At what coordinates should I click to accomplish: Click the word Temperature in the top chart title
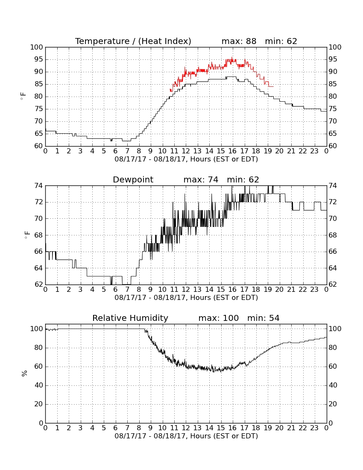click(x=102, y=41)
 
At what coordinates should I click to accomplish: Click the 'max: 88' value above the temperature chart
click(x=239, y=41)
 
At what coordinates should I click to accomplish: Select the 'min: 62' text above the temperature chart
click(x=281, y=41)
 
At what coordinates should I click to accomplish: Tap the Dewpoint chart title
click(x=133, y=180)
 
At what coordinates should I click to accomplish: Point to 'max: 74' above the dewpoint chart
click(x=201, y=180)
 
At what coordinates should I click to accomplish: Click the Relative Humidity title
click(x=130, y=318)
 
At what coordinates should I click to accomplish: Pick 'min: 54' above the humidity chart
click(x=263, y=318)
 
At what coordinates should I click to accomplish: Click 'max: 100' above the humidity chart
click(x=219, y=318)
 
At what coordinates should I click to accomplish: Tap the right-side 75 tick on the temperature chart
click(x=333, y=109)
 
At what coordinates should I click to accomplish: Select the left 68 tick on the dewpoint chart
click(x=39, y=235)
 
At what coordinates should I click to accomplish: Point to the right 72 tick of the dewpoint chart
click(x=333, y=203)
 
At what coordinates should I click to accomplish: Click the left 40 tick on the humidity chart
click(x=39, y=385)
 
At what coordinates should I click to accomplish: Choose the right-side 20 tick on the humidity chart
click(x=333, y=404)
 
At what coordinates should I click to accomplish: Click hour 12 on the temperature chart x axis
click(x=186, y=151)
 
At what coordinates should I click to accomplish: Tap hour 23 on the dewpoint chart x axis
click(x=314, y=290)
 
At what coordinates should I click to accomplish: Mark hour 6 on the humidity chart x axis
click(x=116, y=428)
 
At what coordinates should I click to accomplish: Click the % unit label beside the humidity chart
click(x=25, y=373)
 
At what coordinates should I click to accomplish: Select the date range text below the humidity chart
click(x=186, y=436)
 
